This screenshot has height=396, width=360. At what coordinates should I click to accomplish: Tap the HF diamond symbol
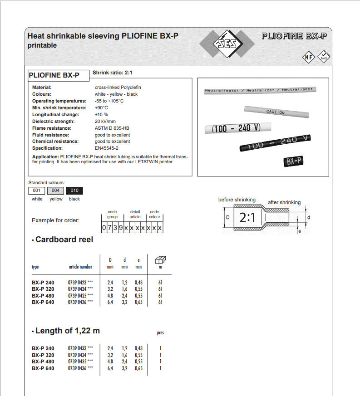click(309, 57)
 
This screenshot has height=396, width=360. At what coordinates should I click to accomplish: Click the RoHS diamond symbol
click(324, 57)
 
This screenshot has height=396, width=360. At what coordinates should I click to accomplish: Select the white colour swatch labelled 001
click(37, 191)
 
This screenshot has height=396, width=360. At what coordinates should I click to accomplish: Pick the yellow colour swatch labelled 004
click(55, 191)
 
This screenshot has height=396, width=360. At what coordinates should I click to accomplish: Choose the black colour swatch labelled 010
click(74, 191)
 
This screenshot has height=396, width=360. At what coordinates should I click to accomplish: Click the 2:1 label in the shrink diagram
click(247, 218)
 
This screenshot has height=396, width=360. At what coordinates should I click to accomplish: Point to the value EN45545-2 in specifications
click(106, 148)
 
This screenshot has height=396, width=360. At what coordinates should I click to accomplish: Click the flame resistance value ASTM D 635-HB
click(112, 128)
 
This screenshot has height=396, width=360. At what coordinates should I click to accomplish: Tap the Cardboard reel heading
click(64, 240)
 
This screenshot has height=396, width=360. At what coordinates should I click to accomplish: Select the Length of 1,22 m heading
click(67, 331)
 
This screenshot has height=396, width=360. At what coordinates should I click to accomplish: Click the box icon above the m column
click(160, 260)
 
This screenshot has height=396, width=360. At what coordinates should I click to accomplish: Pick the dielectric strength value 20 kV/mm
click(105, 121)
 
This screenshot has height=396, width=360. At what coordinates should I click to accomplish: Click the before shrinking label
click(237, 200)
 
